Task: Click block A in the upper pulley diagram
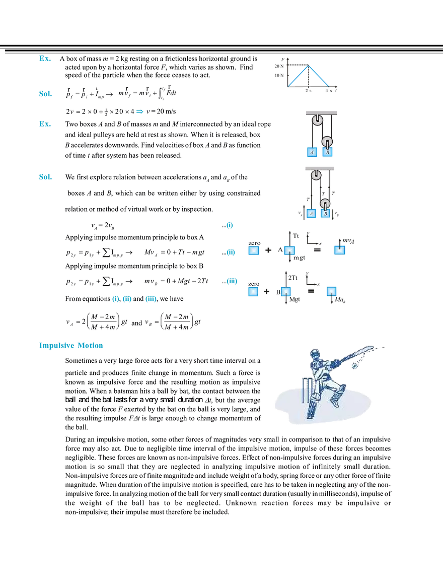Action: coord(312,152)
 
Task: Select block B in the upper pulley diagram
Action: coord(328,152)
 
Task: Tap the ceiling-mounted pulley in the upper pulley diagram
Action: coord(317,120)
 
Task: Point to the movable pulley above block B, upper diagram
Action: coord(328,142)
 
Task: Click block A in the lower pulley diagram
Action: coord(312,214)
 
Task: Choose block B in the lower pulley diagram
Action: coord(326,214)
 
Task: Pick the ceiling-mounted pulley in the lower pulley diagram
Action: coord(316,175)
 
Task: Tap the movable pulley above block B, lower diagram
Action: coord(326,204)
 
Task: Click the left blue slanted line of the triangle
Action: coord(298,77)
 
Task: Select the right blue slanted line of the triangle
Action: coord(320,76)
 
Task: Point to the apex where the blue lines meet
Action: coord(309,65)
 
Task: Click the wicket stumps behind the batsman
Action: coord(304,388)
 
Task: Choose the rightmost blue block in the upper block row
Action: coord(341,249)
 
